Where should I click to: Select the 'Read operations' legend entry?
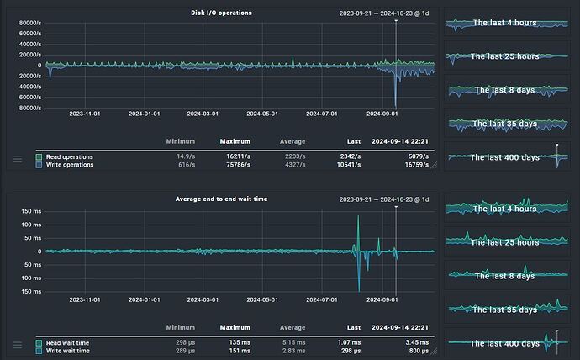click(69, 156)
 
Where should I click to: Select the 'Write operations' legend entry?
click(70, 165)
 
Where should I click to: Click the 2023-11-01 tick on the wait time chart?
click(85, 299)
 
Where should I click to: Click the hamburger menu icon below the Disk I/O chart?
click(18, 159)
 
